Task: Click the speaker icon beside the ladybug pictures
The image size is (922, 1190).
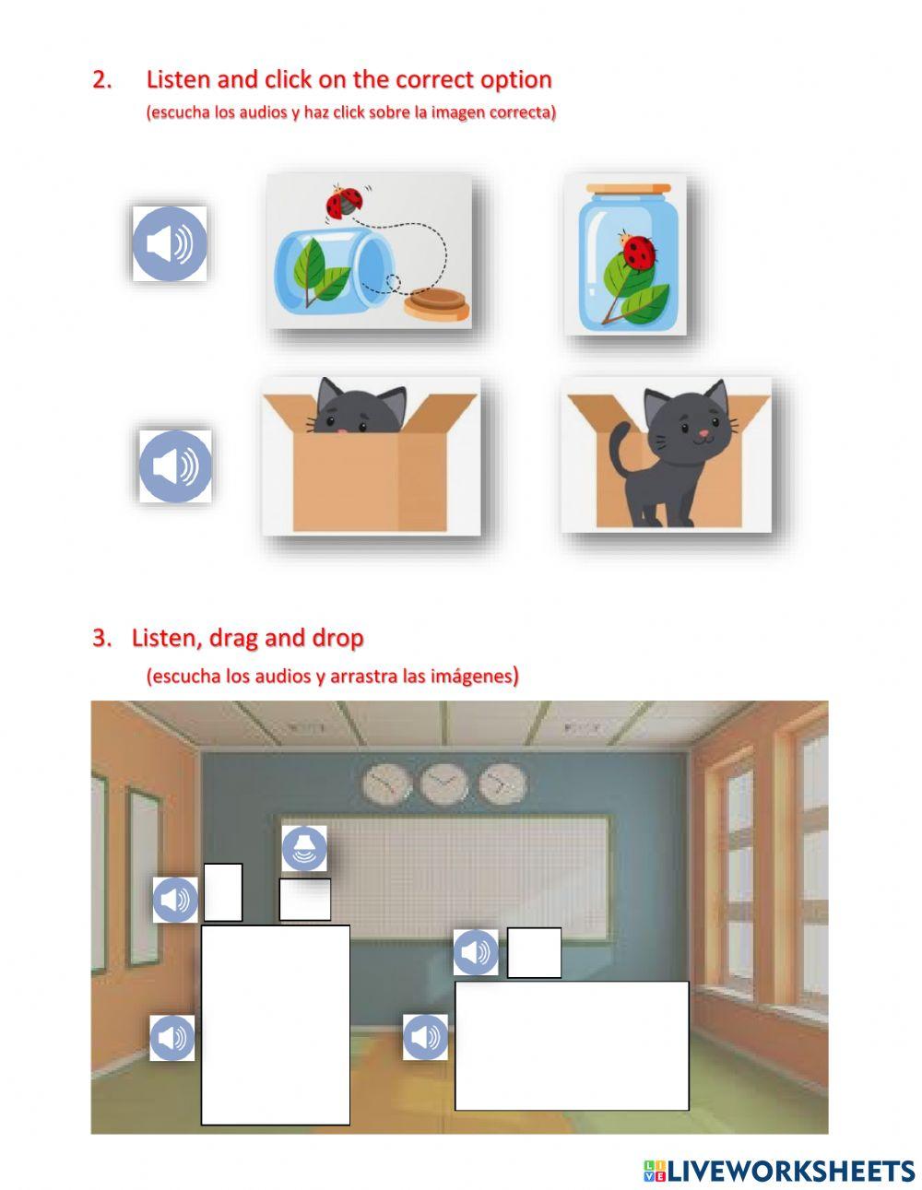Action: (x=170, y=244)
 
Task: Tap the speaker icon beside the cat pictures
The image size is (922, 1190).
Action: (x=175, y=466)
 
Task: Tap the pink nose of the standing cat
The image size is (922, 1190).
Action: (x=704, y=431)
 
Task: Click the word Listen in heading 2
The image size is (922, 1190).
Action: (x=179, y=80)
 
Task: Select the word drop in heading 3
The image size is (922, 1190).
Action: (x=337, y=638)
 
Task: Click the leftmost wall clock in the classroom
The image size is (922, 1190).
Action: (x=387, y=784)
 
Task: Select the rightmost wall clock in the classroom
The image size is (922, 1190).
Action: (x=502, y=784)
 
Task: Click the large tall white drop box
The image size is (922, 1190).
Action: (x=275, y=1025)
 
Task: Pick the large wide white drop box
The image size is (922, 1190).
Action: (x=572, y=1046)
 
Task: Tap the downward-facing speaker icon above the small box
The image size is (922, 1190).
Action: (x=304, y=848)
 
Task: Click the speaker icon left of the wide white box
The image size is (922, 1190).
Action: (x=425, y=1038)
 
